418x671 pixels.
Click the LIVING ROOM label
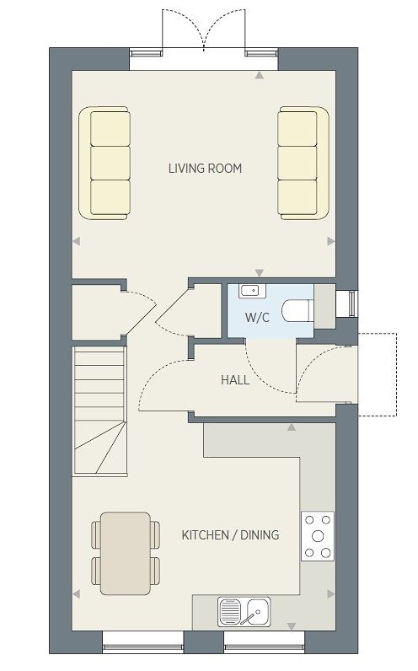tap(205, 169)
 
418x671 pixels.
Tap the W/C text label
tap(258, 318)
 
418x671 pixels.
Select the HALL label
tap(235, 379)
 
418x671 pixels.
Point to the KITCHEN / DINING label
tap(230, 535)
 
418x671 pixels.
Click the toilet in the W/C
tap(298, 311)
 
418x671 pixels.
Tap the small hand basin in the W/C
tap(253, 291)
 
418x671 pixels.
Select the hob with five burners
tap(318, 536)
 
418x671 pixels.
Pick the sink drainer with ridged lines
tap(230, 611)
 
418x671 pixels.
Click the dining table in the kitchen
tap(126, 553)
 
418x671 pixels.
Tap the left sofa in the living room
tap(104, 163)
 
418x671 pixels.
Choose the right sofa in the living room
tap(303, 163)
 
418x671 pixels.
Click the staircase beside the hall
tap(100, 411)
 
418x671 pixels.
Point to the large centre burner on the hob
tap(318, 536)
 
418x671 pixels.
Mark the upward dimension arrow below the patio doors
tap(260, 75)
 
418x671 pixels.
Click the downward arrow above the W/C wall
tap(260, 272)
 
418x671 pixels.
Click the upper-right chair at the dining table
tap(155, 534)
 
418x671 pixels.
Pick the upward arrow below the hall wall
tap(292, 427)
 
